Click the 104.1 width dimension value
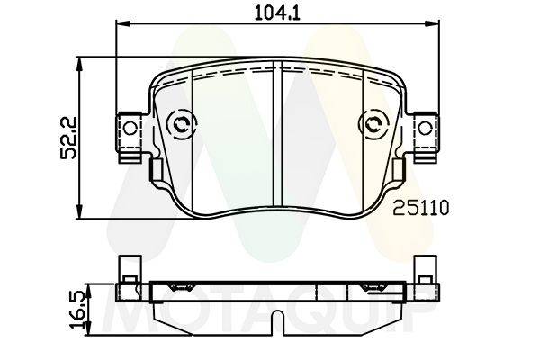click(277, 13)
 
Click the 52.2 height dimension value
click(67, 138)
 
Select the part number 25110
click(421, 208)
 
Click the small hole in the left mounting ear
click(130, 129)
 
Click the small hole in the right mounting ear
click(425, 129)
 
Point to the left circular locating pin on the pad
click(181, 124)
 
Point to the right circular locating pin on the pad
click(373, 124)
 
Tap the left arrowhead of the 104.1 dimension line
click(123, 23)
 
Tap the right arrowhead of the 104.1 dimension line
click(432, 23)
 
